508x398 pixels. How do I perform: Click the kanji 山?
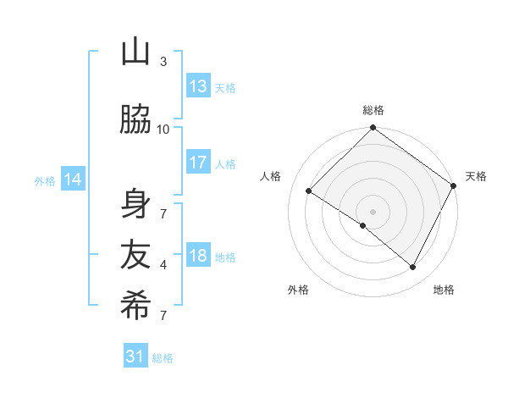(x=135, y=53)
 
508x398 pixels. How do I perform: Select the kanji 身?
(x=135, y=203)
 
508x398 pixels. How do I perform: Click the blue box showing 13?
(x=198, y=86)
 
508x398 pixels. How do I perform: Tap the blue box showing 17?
(x=198, y=163)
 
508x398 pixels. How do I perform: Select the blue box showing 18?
(x=198, y=256)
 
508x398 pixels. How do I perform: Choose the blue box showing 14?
(x=73, y=180)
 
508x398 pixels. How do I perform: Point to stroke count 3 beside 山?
(x=163, y=62)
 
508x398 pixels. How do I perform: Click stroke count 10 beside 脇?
(x=163, y=129)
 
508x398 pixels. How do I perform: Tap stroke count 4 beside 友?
(x=163, y=265)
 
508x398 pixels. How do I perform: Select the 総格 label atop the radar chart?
(x=373, y=110)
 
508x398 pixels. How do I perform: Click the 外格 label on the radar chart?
(x=298, y=290)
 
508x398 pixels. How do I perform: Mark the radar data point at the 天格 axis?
(x=454, y=185)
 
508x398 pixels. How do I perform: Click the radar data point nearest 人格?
(x=309, y=191)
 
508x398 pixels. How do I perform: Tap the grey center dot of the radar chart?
(x=373, y=211)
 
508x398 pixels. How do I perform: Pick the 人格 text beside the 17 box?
(x=225, y=163)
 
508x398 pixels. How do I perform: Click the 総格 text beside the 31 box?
(x=163, y=358)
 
